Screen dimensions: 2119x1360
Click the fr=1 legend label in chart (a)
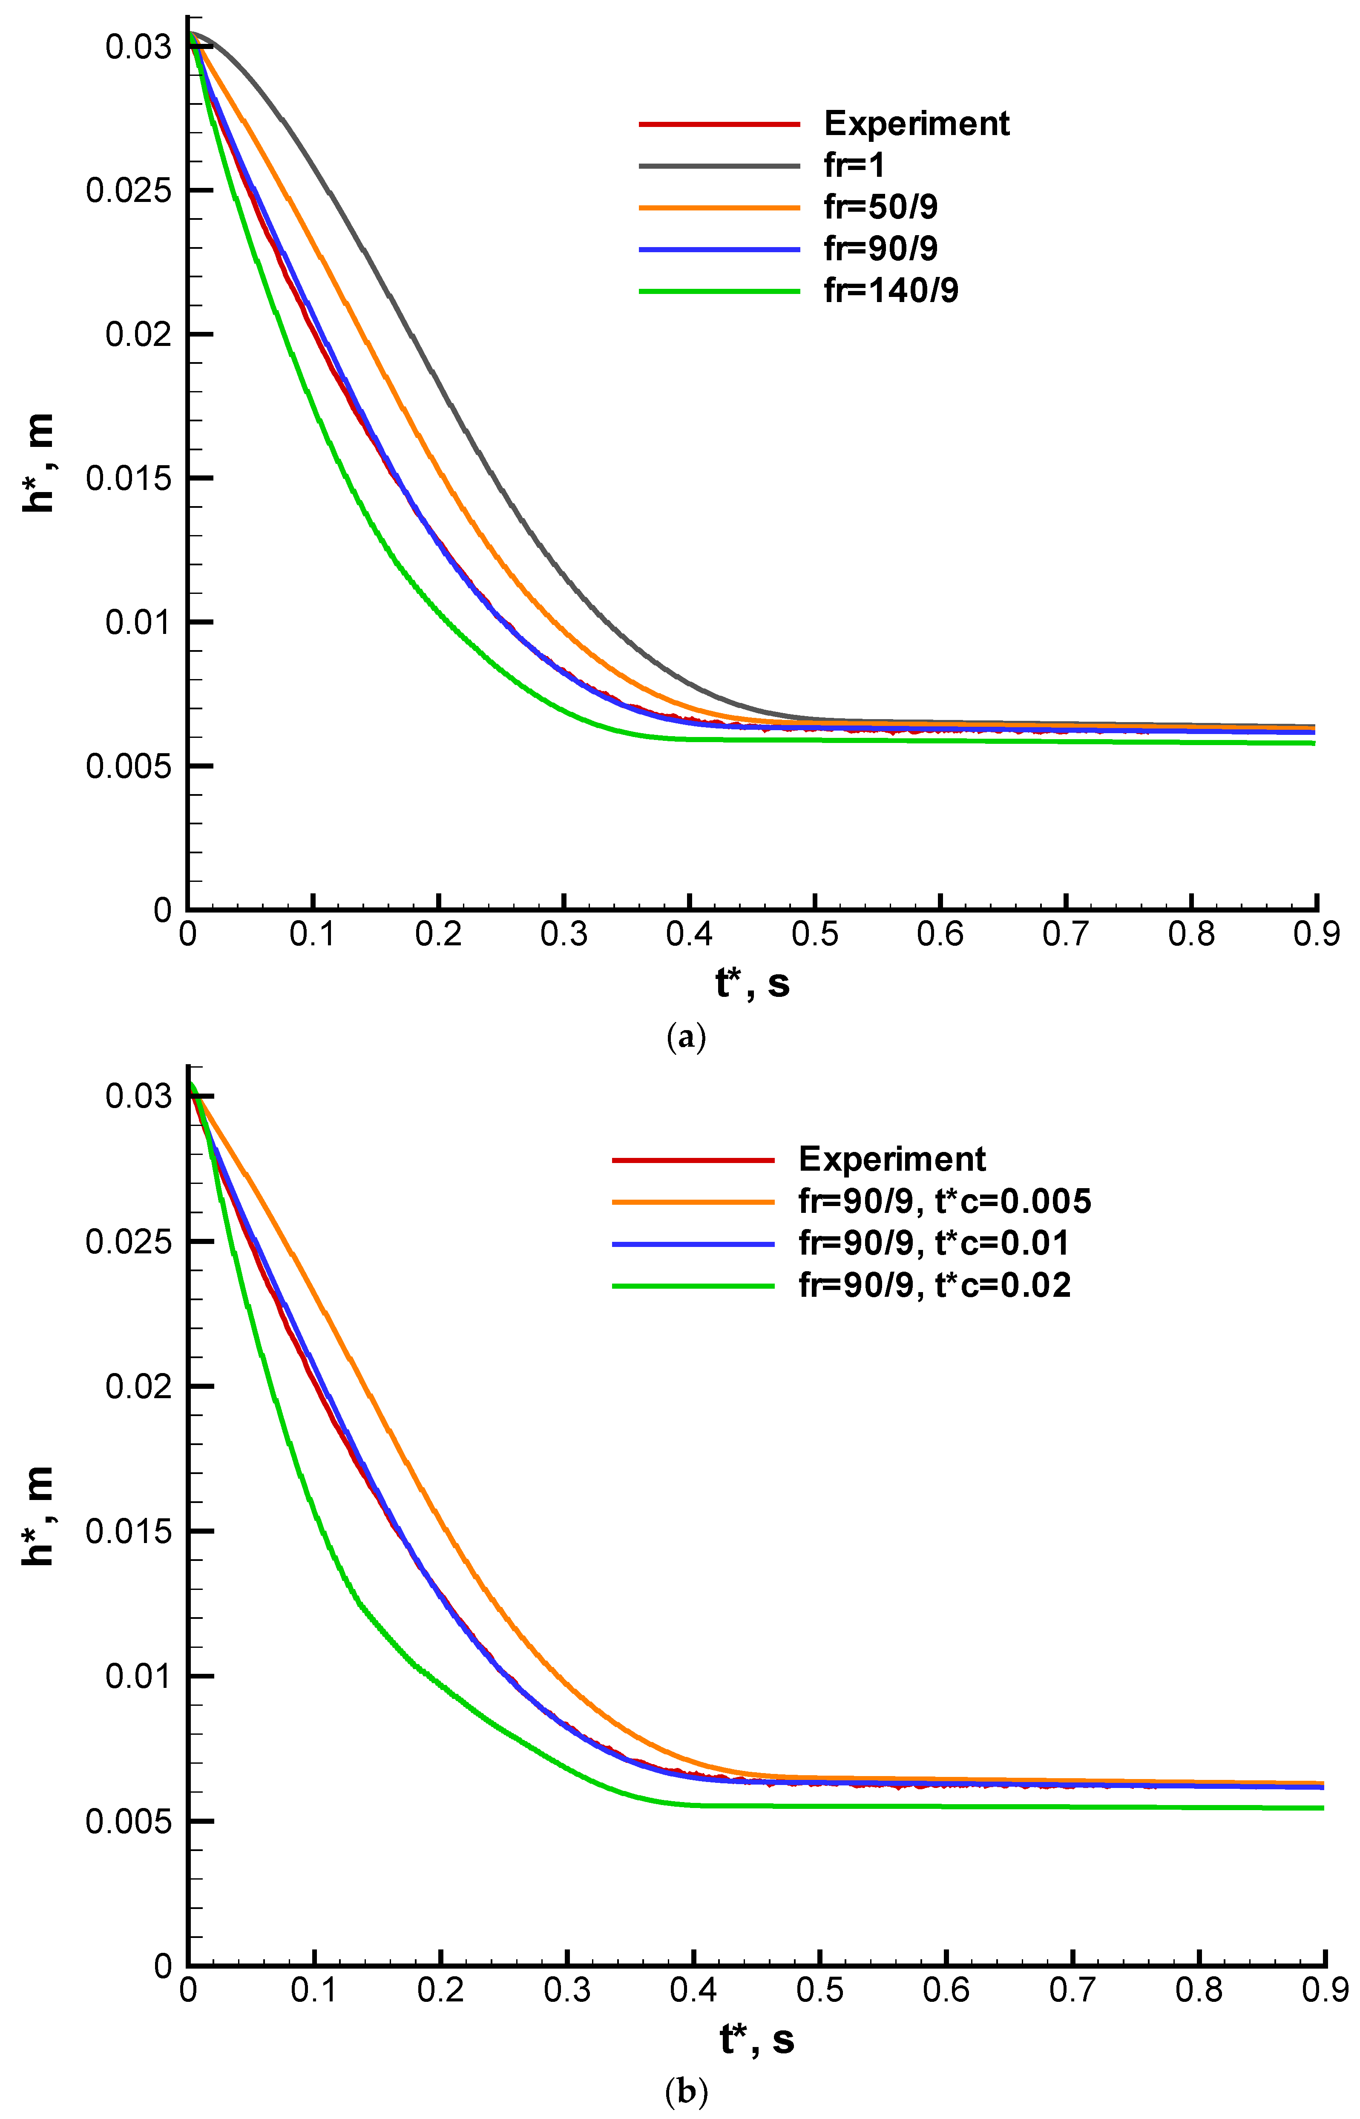[854, 165]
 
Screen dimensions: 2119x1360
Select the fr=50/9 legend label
[880, 207]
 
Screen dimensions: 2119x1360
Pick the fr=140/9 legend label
[891, 290]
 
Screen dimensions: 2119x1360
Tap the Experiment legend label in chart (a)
[917, 124]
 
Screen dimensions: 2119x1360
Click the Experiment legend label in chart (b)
[892, 1159]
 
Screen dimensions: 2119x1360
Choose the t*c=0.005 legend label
[945, 1201]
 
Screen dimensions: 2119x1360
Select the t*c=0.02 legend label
[934, 1285]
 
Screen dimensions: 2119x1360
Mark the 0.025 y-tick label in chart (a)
[128, 191]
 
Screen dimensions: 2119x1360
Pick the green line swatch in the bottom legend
[693, 1285]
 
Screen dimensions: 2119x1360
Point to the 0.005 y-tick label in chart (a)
[128, 766]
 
